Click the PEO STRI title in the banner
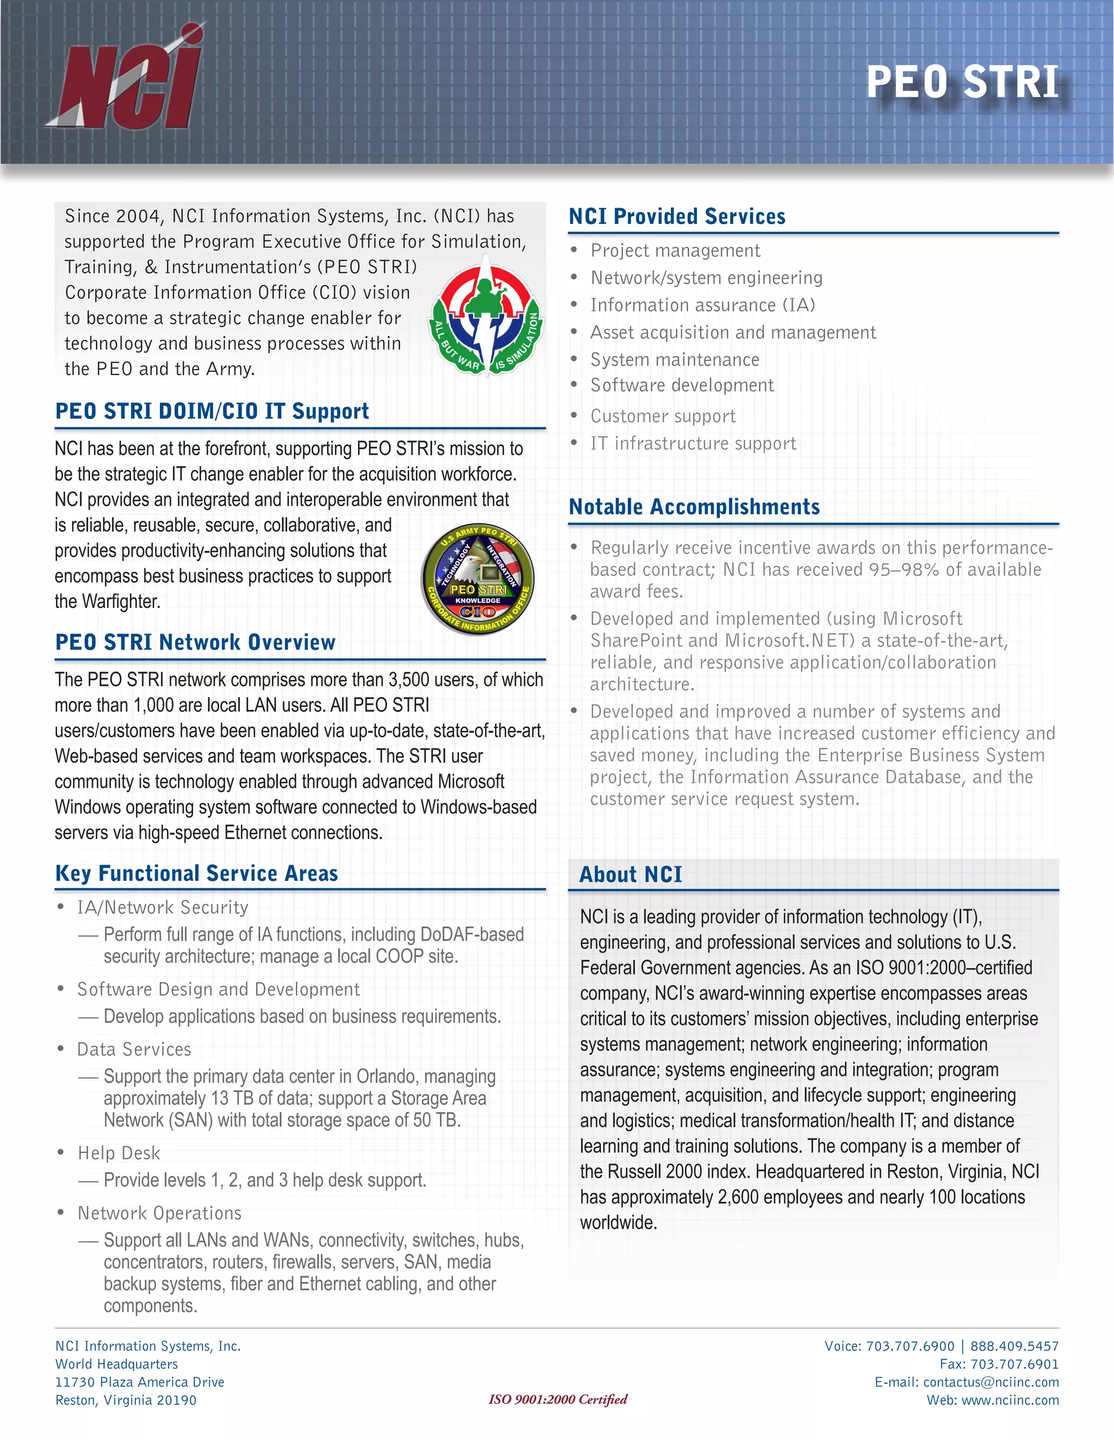pos(962,83)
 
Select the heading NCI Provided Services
pos(677,216)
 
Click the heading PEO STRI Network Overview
pos(195,642)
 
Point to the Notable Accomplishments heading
pos(694,507)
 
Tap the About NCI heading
pos(631,875)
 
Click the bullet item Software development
pos(682,386)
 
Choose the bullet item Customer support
pos(663,417)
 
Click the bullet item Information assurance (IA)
pos(703,306)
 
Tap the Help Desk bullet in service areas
pos(119,1153)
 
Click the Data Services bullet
pos(134,1049)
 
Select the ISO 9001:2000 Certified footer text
pos(558,1400)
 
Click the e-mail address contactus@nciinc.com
pos(991,1382)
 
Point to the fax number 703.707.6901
pos(1014,1364)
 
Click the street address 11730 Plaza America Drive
pos(140,1382)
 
